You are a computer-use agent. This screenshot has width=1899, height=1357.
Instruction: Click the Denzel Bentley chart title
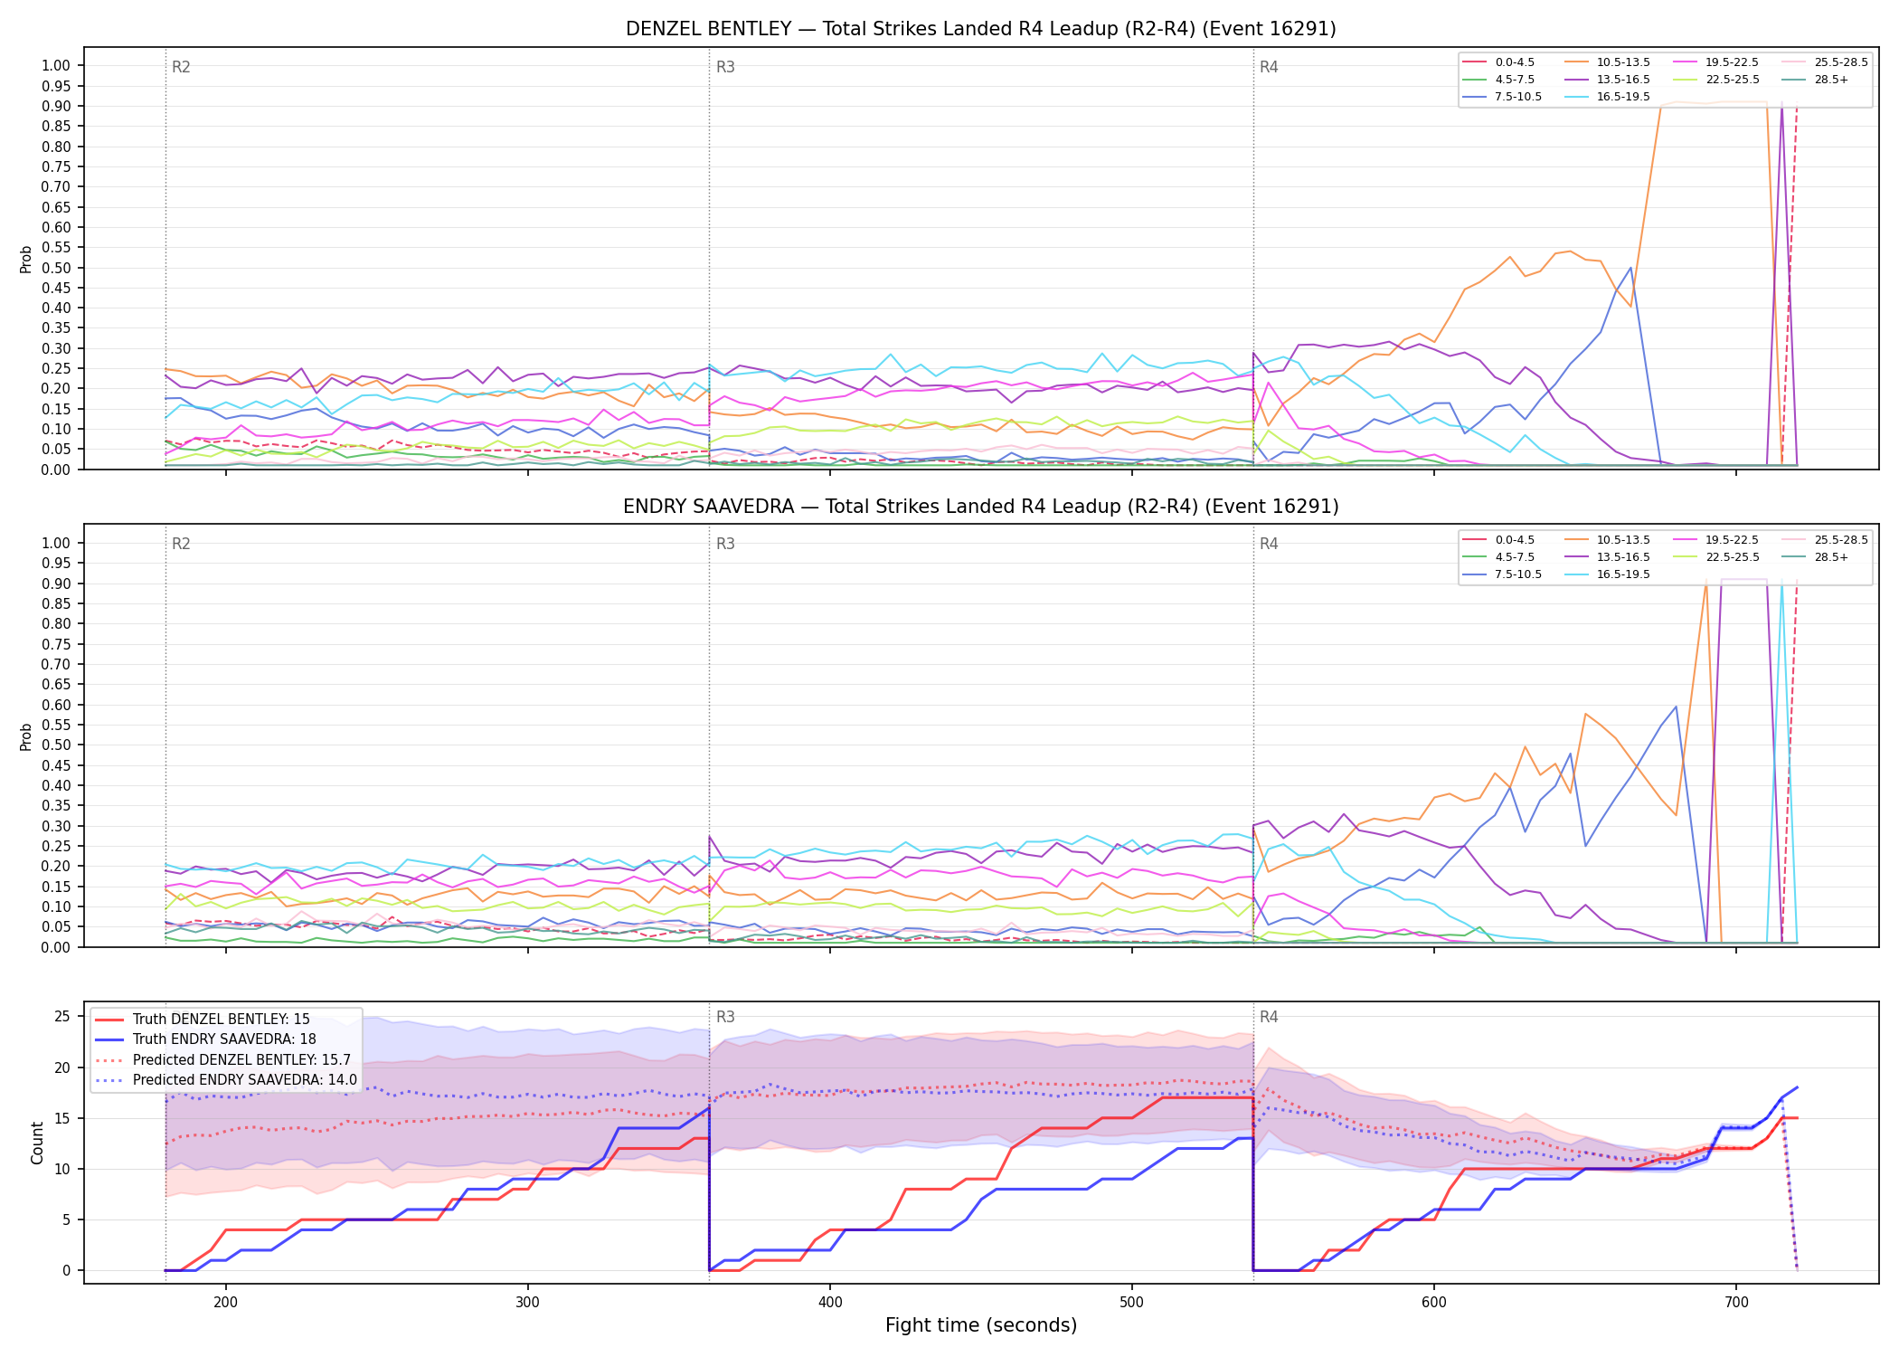point(980,29)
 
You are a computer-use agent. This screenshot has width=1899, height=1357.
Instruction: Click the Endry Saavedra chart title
point(980,507)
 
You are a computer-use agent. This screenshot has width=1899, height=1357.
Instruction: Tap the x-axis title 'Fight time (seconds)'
point(981,1325)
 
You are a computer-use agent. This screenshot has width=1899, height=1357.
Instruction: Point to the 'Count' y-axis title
point(37,1143)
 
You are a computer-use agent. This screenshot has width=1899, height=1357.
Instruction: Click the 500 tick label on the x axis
point(1132,1302)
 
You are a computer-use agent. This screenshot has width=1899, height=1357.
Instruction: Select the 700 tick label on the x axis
point(1736,1302)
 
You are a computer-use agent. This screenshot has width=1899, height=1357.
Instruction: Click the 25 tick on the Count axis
point(62,1016)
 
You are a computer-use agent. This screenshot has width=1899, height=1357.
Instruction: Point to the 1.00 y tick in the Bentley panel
point(56,65)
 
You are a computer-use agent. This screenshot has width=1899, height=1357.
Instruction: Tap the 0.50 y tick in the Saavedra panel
point(56,745)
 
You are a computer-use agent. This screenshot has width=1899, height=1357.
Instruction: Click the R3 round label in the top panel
point(725,67)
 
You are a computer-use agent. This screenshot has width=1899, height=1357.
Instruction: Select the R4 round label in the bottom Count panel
point(1269,1017)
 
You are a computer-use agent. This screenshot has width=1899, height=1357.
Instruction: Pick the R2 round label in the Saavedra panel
point(181,544)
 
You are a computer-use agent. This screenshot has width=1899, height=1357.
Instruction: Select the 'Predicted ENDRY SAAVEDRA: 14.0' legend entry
point(225,1080)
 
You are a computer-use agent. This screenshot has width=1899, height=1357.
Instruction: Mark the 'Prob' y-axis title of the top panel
point(26,260)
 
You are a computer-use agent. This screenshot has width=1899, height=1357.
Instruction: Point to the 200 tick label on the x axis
point(226,1302)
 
